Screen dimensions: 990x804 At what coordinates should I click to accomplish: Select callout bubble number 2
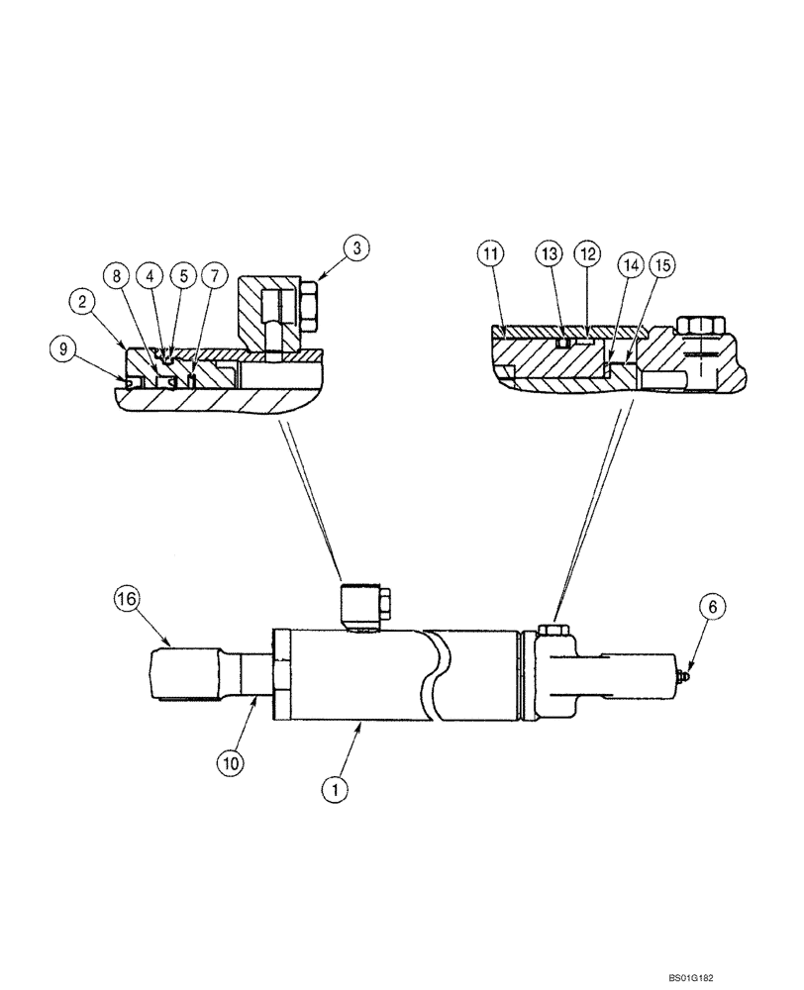click(82, 301)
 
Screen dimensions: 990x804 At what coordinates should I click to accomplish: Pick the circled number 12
click(587, 254)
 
